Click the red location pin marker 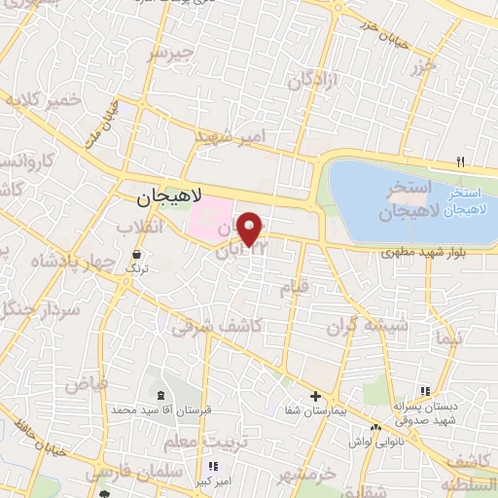coord(251,228)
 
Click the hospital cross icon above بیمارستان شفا coord(315,396)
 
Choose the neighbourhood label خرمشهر coord(303,475)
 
